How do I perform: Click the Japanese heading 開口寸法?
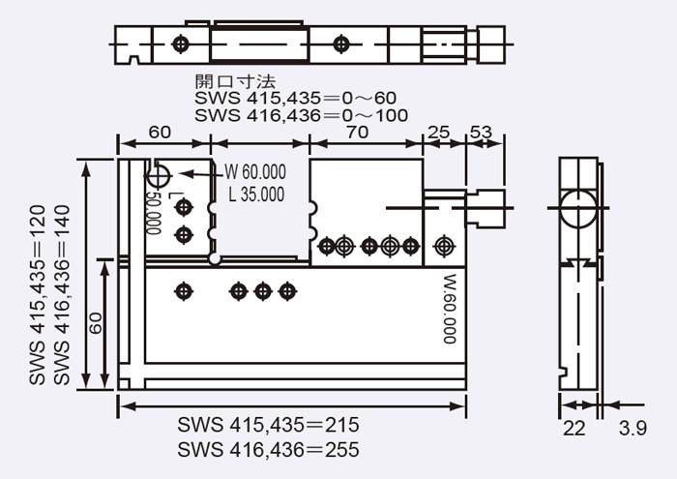[x=235, y=81]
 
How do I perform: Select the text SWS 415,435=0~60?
[x=295, y=98]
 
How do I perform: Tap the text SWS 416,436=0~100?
[x=301, y=115]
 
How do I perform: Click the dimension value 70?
[x=356, y=133]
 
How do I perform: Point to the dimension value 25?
[x=439, y=132]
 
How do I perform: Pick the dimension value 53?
[x=481, y=132]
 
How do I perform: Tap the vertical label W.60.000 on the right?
[x=449, y=310]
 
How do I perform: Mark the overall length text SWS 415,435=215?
[x=269, y=426]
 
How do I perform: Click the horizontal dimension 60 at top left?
[x=160, y=133]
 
